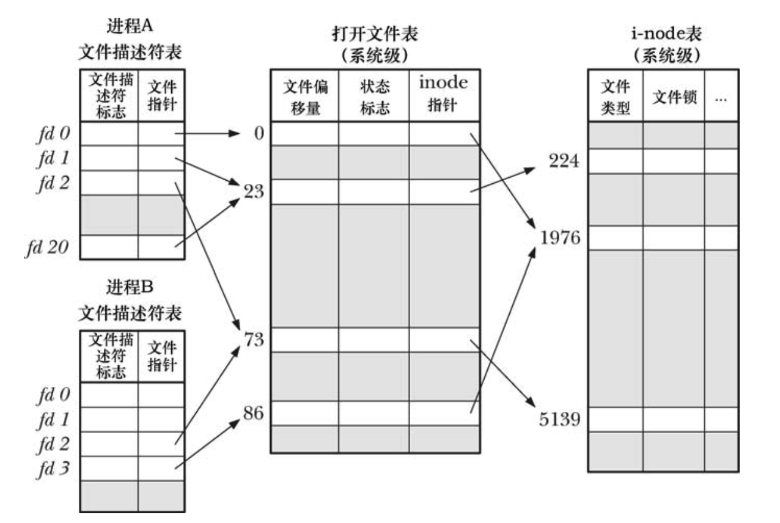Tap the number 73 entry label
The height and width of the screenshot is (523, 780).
coord(253,339)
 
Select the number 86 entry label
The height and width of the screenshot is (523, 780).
coord(253,412)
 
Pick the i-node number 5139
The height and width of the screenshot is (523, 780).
coord(559,420)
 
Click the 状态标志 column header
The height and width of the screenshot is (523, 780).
coord(374,97)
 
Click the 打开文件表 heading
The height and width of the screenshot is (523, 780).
coord(374,35)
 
